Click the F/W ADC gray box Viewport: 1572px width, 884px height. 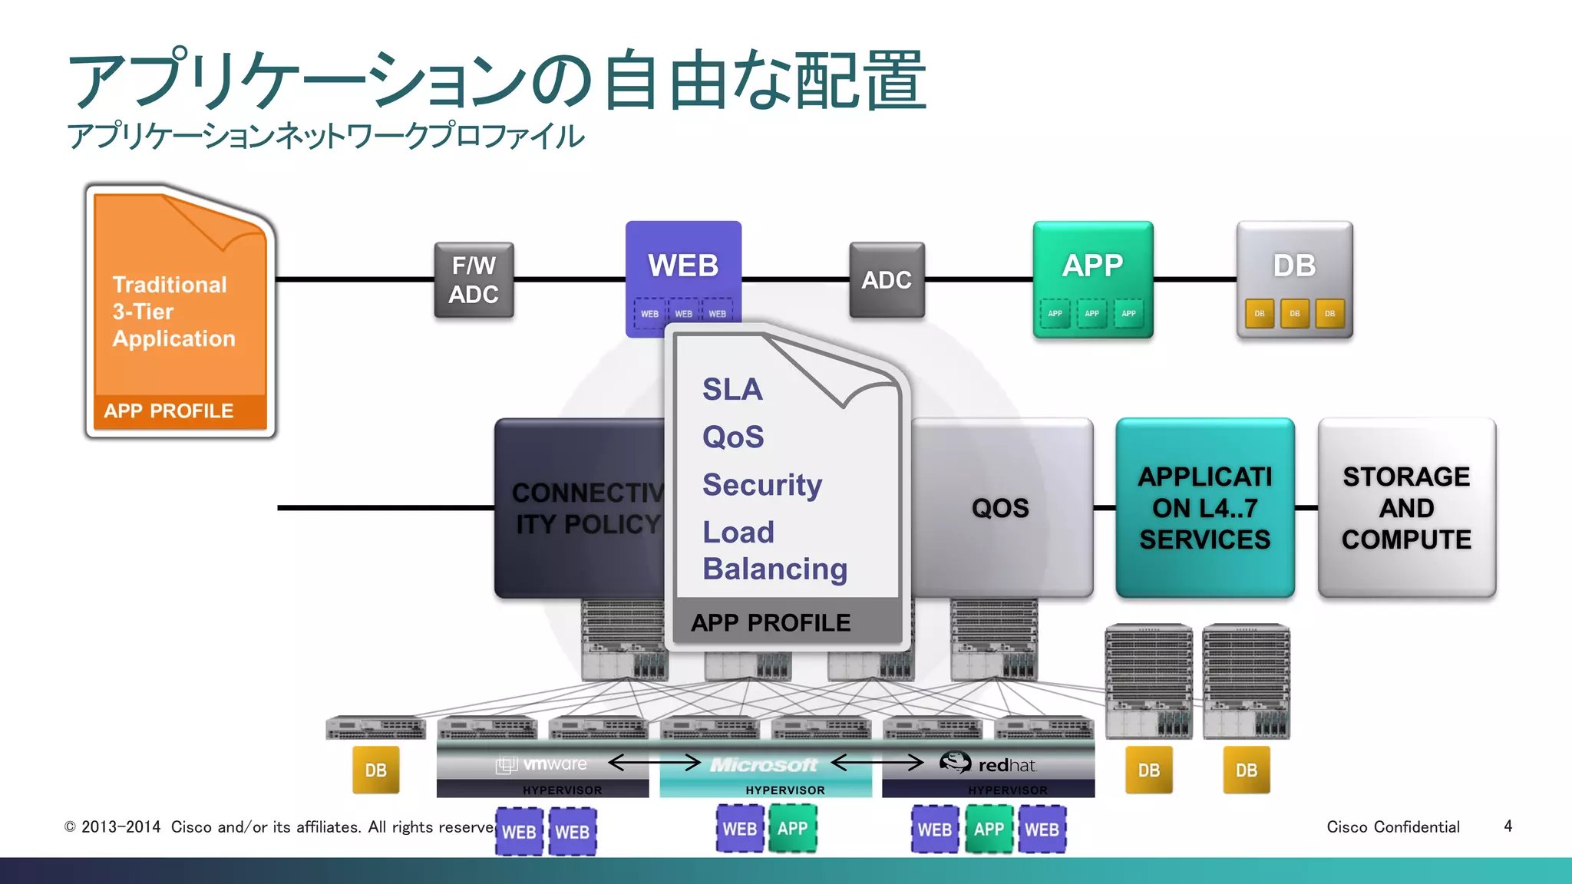click(x=474, y=280)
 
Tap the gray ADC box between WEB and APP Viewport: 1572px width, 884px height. click(x=887, y=280)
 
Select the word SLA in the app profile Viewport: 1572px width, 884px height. click(x=732, y=390)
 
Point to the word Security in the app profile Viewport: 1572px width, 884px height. click(x=761, y=485)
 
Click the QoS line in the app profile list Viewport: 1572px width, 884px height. click(x=733, y=437)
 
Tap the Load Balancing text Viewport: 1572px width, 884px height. click(x=774, y=551)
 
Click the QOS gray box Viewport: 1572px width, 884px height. click(x=1001, y=508)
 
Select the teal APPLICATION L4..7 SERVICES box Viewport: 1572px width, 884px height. click(x=1204, y=508)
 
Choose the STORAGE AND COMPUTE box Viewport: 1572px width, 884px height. click(x=1406, y=508)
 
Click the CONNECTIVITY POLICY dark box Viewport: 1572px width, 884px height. click(x=580, y=508)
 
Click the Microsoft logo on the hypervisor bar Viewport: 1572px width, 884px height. click(x=764, y=765)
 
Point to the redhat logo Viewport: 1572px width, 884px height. click(x=989, y=764)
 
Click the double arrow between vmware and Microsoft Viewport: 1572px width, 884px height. click(x=654, y=763)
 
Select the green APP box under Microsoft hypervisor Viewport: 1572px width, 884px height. click(x=792, y=829)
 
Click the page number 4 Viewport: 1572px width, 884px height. click(x=1508, y=826)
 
